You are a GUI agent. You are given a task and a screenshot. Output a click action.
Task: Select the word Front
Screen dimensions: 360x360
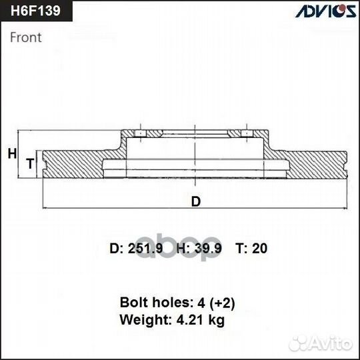click(25, 37)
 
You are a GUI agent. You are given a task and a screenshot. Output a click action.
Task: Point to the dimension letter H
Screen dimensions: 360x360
click(11, 154)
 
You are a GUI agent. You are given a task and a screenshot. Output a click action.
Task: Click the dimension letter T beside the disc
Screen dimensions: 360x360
click(29, 163)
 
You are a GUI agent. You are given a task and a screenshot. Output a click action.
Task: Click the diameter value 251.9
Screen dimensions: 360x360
click(145, 249)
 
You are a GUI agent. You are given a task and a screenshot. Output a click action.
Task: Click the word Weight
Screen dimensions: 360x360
click(141, 320)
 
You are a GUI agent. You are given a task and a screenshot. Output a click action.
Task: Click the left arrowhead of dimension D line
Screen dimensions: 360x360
click(45, 208)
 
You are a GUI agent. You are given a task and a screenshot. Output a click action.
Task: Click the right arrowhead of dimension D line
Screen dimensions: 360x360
click(346, 208)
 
